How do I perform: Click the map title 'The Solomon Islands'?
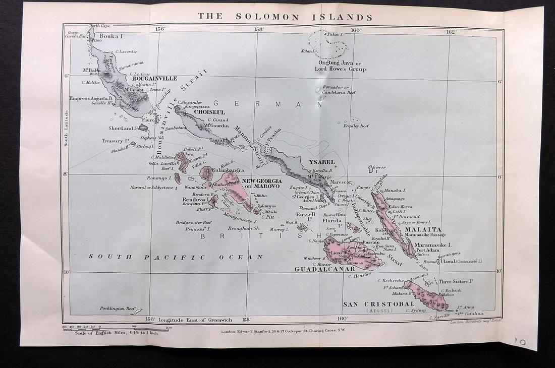pos(285,16)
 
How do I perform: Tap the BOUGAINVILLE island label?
pos(154,79)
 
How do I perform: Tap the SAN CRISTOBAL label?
pos(378,304)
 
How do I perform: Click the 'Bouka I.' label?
pos(112,36)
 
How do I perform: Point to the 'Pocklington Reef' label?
pos(118,308)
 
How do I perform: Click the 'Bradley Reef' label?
pos(356,126)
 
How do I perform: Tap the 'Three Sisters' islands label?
pos(457,281)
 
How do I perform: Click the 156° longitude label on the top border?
pos(160,29)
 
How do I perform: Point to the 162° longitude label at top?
pos(451,31)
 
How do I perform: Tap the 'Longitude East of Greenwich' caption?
pos(194,319)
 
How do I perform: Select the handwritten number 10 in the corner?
pos(520,341)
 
